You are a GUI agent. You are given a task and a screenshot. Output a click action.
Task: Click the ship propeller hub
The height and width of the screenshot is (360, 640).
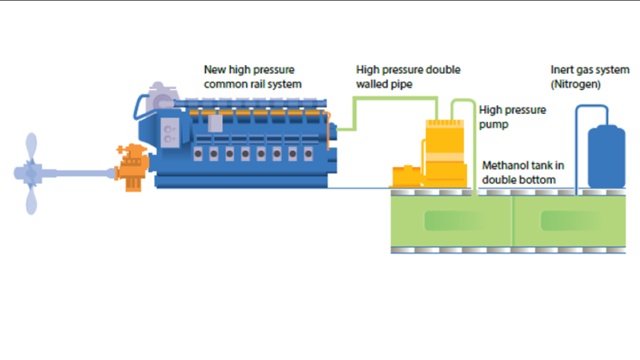point(31,173)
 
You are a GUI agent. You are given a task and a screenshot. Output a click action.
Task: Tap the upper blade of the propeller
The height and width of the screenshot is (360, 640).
point(31,147)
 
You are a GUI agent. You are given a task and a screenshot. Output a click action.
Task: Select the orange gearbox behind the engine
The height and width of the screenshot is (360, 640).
point(133,165)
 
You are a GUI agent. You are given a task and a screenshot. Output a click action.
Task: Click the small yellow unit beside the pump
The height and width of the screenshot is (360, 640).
point(406,177)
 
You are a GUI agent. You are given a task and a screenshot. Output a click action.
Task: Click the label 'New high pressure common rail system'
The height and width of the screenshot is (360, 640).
point(252,77)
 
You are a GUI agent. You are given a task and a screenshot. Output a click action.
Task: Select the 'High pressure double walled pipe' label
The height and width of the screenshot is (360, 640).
point(408,77)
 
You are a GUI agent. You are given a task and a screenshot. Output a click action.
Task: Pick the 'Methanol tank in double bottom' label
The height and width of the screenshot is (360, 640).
point(523,172)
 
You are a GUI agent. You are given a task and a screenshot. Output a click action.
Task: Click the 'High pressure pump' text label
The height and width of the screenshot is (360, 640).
point(513,117)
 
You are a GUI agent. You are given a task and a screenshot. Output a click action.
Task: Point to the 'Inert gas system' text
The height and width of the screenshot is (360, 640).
point(590,70)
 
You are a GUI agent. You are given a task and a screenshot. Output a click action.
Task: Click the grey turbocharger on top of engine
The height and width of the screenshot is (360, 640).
point(160,96)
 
